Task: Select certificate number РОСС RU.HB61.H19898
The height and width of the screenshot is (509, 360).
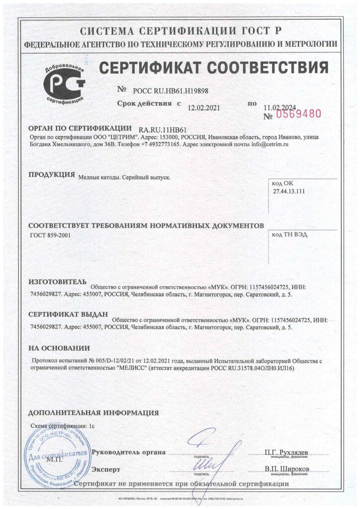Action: pos(167,90)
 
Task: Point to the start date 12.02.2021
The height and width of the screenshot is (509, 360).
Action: pos(204,107)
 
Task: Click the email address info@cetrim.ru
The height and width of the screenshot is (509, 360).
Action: pos(271,144)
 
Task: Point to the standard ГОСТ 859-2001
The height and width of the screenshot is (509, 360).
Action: pos(51,235)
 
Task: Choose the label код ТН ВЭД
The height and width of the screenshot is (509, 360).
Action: pos(290,235)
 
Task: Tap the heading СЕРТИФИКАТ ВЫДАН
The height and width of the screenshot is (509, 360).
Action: pos(68,315)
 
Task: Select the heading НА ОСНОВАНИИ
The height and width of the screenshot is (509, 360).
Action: pos(59,348)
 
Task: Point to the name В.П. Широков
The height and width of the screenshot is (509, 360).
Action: pos(287,469)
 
